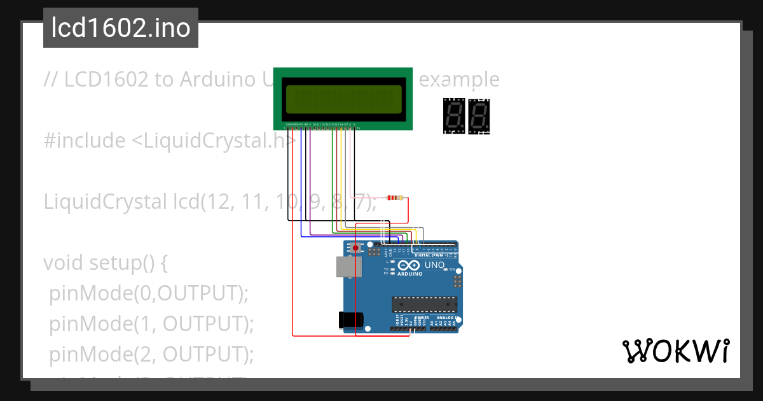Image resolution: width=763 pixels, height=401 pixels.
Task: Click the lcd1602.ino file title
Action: tap(120, 29)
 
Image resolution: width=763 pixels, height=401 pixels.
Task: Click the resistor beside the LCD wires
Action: tap(395, 198)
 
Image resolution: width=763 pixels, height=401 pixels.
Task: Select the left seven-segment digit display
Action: tap(454, 116)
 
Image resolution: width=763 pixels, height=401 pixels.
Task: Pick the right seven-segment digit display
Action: tap(479, 116)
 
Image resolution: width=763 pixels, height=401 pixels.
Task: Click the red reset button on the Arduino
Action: tap(364, 247)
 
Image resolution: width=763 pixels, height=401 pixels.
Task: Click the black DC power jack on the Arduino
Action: tap(352, 320)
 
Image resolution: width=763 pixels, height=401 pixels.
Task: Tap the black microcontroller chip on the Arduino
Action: tap(424, 306)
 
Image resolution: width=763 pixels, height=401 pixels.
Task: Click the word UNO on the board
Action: tap(434, 265)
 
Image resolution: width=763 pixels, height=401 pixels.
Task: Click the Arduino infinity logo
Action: tap(409, 265)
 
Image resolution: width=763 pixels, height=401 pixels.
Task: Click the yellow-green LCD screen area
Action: tap(343, 99)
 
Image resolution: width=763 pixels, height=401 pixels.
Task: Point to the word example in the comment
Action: tap(460, 80)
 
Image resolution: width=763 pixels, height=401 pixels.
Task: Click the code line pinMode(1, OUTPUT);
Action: tap(151, 323)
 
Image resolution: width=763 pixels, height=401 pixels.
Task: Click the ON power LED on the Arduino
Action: tap(453, 270)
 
